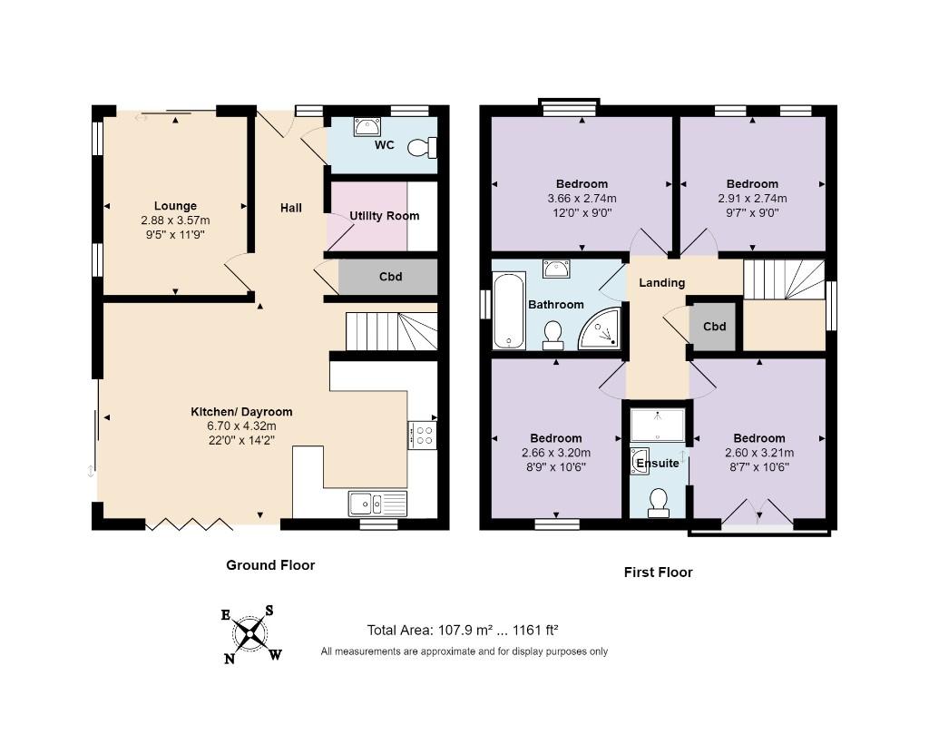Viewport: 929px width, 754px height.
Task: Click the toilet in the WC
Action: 422,148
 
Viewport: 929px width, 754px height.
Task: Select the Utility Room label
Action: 385,216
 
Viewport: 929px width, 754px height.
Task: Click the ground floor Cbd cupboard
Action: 388,277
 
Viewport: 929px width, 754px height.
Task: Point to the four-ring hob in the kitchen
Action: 423,436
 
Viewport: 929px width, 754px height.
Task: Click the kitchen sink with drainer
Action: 378,504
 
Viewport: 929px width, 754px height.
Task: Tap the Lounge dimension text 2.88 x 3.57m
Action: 175,220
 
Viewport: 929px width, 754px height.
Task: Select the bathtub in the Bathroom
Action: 509,310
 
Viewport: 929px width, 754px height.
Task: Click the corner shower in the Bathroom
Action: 601,328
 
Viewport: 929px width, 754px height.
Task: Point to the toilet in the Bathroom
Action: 553,335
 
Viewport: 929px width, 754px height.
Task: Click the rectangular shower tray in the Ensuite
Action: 658,425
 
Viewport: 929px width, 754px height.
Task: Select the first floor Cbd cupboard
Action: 713,327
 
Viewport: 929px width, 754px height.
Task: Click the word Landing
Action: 661,283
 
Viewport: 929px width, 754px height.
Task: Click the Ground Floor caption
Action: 270,565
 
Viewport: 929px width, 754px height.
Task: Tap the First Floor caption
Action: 659,572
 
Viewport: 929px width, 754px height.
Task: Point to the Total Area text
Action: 463,630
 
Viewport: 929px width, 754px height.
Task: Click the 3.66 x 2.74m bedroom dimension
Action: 582,198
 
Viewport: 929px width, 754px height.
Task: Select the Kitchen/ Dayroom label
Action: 241,412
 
